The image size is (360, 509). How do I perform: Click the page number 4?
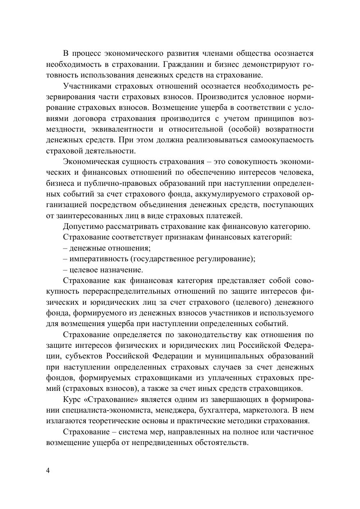[x=48, y=470]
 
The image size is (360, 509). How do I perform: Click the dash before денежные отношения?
[x=65, y=248]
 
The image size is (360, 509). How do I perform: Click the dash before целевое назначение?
[x=65, y=270]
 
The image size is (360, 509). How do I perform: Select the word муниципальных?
[x=243, y=356]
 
